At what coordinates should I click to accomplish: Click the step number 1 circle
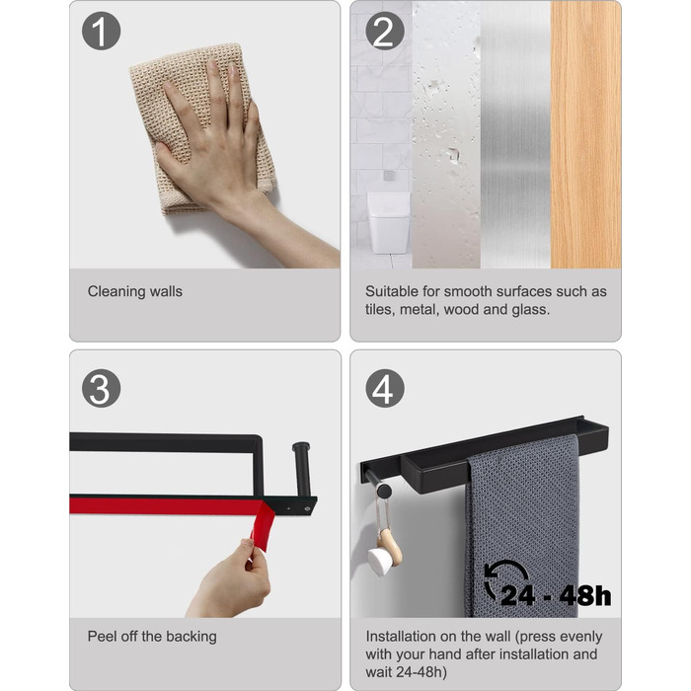(101, 31)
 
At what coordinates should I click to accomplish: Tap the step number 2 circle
(385, 31)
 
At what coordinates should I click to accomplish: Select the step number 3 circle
(101, 388)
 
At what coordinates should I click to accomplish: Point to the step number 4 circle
(385, 388)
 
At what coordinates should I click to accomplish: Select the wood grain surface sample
(585, 134)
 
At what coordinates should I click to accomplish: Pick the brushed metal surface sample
(515, 134)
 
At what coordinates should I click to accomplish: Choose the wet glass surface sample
(446, 134)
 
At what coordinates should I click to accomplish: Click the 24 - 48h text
(556, 595)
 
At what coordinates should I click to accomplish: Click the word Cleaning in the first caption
(116, 292)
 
